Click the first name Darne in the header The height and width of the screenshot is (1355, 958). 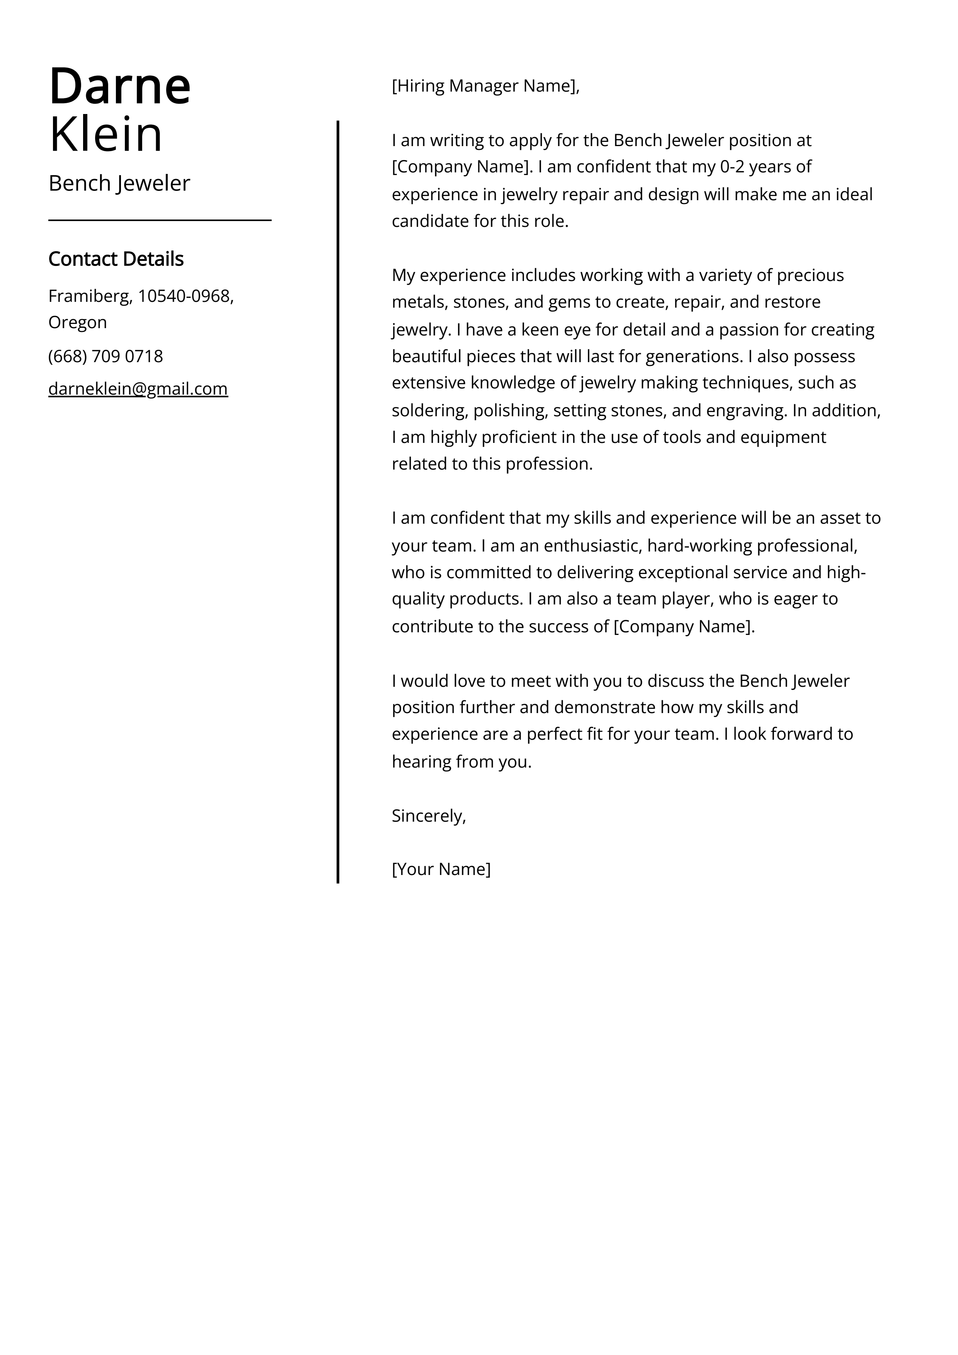pyautogui.click(x=120, y=86)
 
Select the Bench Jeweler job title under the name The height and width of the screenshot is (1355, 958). pyautogui.click(x=119, y=184)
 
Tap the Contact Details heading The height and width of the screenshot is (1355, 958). pyautogui.click(x=116, y=259)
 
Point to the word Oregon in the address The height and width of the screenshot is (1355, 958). pyautogui.click(x=77, y=322)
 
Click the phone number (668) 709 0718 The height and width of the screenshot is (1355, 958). pyautogui.click(x=105, y=356)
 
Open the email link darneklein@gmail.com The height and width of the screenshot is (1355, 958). pyautogui.click(x=138, y=389)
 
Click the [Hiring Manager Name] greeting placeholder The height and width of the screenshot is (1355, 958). pyautogui.click(x=485, y=86)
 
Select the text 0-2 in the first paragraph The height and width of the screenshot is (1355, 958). pyautogui.click(x=732, y=167)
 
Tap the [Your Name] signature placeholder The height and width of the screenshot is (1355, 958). pyautogui.click(x=441, y=869)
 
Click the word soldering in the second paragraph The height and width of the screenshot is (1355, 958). pyautogui.click(x=430, y=410)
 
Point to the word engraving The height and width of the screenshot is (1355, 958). pyautogui.click(x=746, y=410)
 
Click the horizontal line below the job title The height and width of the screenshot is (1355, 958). pyautogui.click(x=159, y=220)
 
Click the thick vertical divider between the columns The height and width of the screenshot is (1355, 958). pyautogui.click(x=338, y=502)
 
